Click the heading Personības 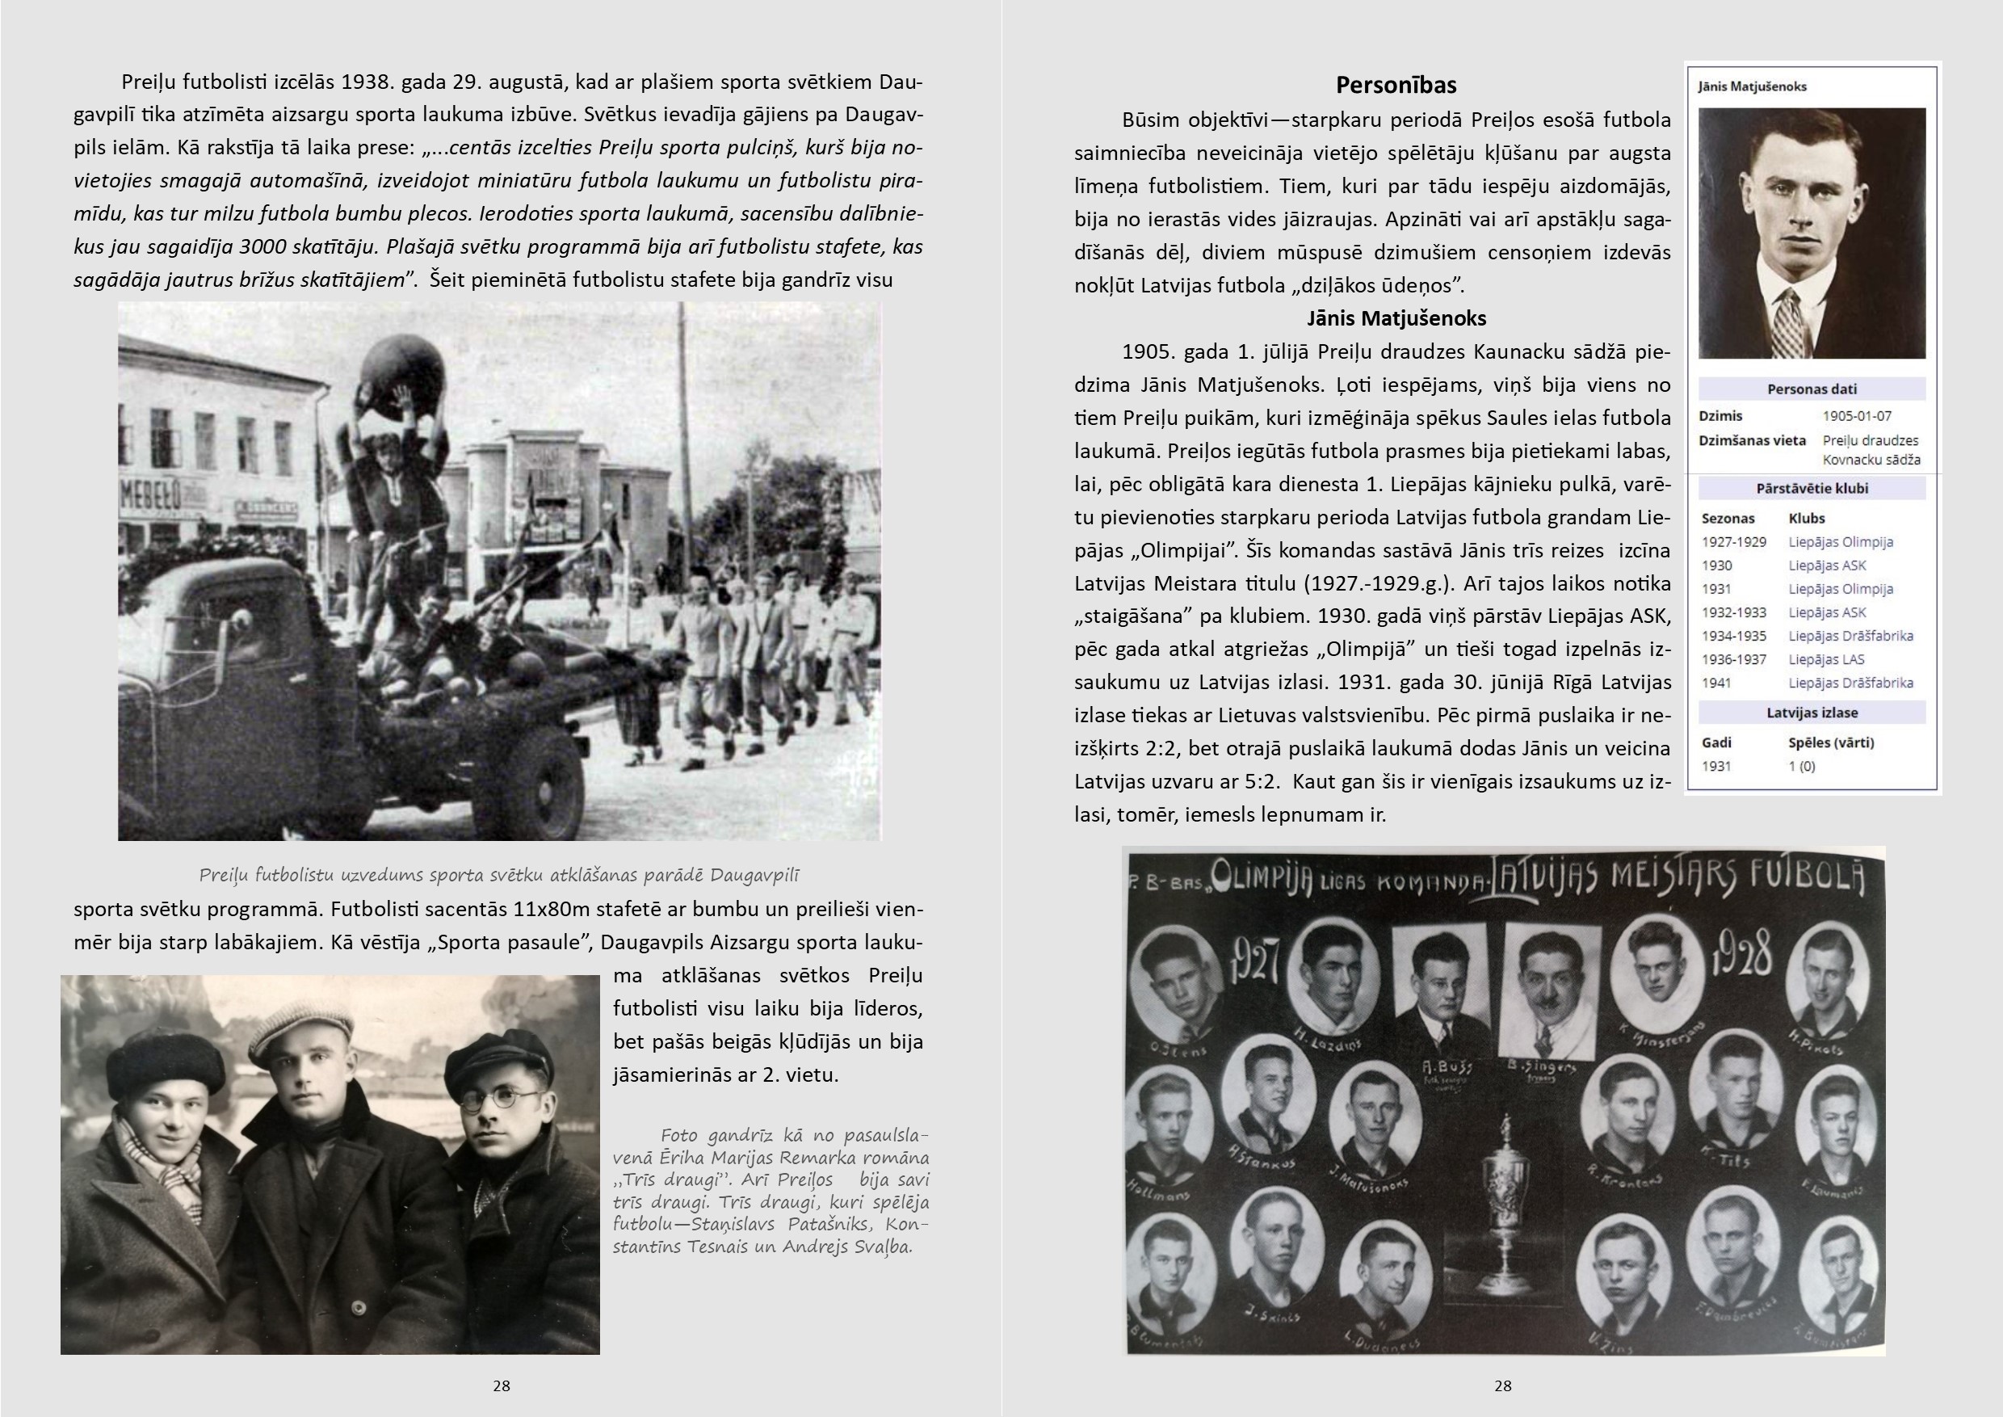click(1396, 86)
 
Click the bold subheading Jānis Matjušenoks click(1396, 318)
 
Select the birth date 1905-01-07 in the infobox click(1857, 416)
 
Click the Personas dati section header click(1811, 389)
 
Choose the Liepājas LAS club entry click(1826, 660)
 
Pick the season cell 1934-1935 click(1733, 636)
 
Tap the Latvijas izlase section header click(1811, 713)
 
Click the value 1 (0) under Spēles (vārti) click(1801, 766)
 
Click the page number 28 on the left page click(501, 1385)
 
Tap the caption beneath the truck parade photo click(499, 875)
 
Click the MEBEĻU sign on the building click(149, 497)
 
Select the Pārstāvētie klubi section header click(1811, 489)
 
